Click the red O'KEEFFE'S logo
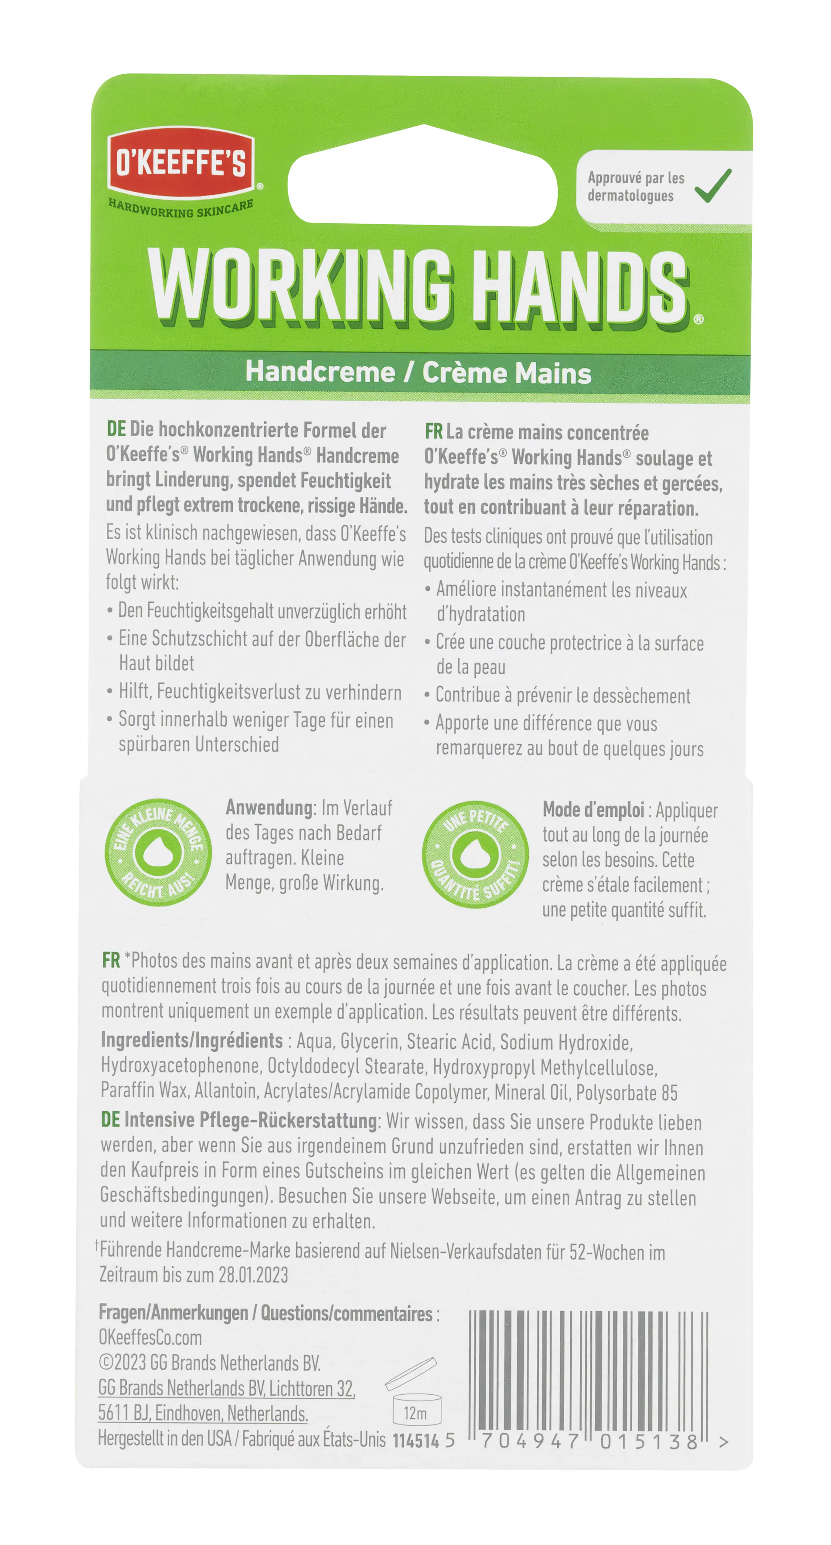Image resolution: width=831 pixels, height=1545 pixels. (x=181, y=163)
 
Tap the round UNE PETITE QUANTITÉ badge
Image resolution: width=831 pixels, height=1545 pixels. (x=475, y=854)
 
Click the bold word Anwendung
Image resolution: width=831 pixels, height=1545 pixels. (x=269, y=808)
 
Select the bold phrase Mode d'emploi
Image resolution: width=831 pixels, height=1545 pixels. (x=593, y=810)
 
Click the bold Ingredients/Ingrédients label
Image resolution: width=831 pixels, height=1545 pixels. (x=191, y=1040)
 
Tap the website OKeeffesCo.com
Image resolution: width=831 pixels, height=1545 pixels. (x=150, y=1338)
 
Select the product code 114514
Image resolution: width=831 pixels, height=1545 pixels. (x=416, y=1441)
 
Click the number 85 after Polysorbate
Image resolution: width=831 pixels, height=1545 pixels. (x=669, y=1093)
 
